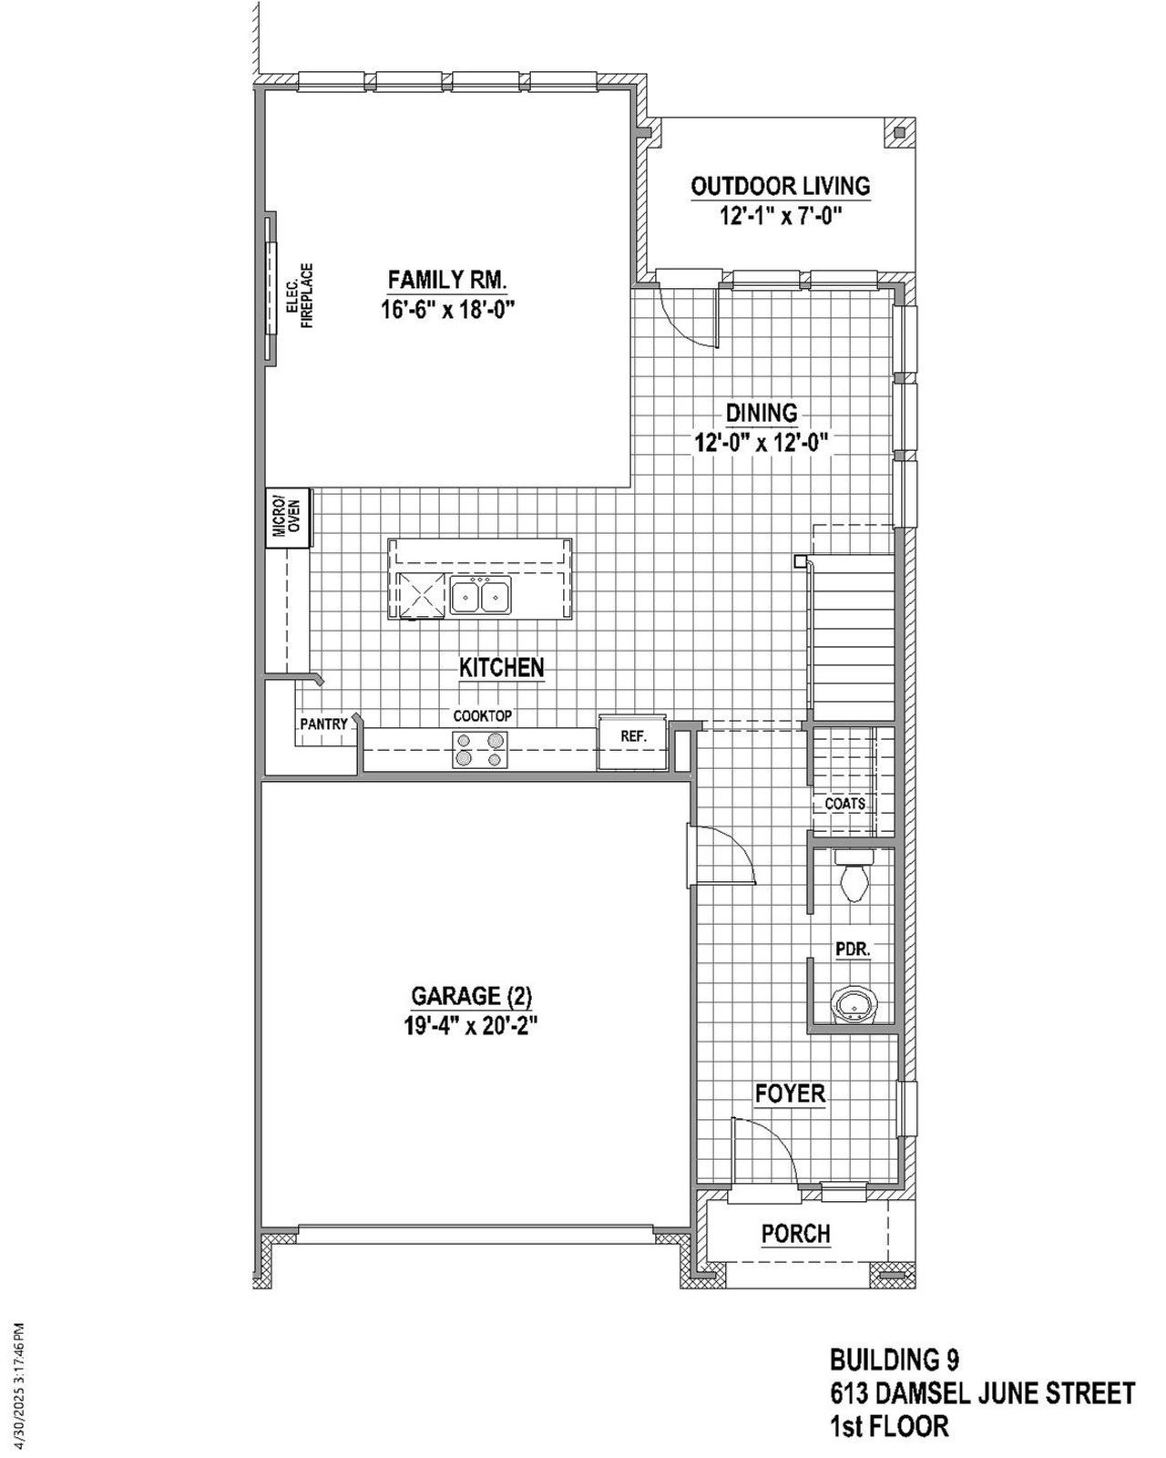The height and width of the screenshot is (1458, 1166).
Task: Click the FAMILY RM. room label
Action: [447, 279]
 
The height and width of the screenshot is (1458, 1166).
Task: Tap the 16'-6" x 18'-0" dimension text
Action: [447, 309]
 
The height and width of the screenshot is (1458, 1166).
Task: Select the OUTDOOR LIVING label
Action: [781, 186]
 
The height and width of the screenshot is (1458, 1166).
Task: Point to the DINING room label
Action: [762, 413]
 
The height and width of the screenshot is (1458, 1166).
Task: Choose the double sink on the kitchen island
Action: [481, 597]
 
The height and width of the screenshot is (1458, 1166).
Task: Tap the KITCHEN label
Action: [501, 667]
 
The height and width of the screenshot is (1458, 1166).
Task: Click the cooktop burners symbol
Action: [481, 749]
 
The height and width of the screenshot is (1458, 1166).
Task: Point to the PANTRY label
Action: [323, 724]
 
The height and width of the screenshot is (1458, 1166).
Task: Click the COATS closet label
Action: [844, 804]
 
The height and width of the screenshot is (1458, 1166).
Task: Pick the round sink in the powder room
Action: [854, 1006]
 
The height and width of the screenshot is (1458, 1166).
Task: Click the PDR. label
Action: [854, 949]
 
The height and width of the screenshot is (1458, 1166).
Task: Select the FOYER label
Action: [790, 1093]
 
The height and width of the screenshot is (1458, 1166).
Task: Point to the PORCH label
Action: [796, 1234]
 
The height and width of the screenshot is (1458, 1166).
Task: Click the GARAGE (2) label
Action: [470, 995]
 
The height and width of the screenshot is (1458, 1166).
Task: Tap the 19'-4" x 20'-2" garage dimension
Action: [470, 1026]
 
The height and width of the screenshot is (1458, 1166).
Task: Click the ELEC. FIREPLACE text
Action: [300, 296]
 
